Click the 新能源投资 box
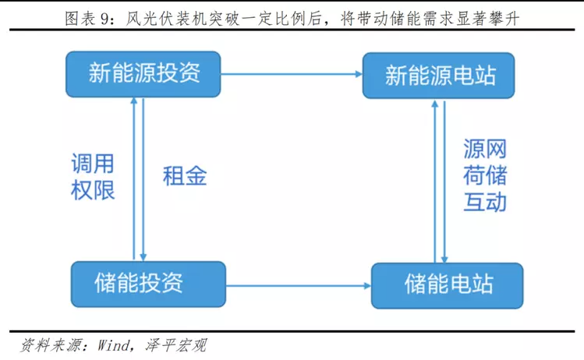coord(143,74)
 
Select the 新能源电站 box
coord(439,76)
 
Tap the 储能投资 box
coord(148,284)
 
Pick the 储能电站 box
coord(448,286)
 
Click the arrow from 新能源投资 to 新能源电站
coord(292,74)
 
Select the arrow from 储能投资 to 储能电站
coord(299,286)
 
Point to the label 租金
coord(185,176)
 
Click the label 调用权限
coord(93,176)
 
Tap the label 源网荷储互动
coord(485,175)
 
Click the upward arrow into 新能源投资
coord(134,179)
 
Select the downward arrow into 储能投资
coord(143,179)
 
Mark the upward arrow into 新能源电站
coord(434,181)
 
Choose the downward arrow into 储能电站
coord(444,181)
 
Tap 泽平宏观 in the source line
coord(175,345)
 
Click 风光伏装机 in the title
coord(166,18)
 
